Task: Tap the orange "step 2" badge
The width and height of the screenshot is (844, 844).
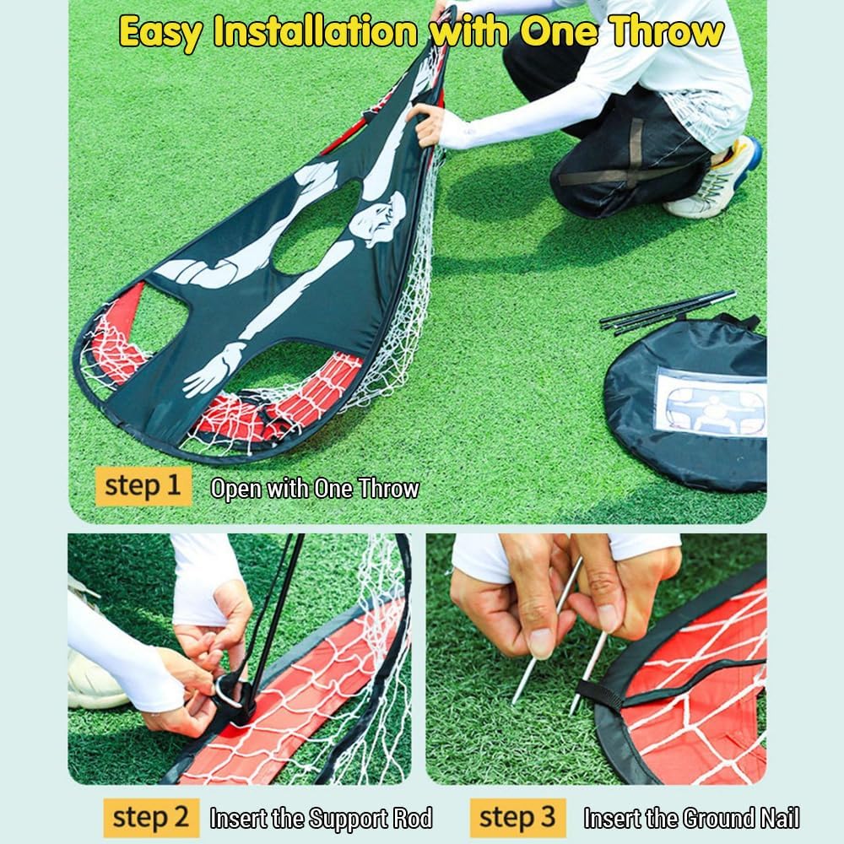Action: pyautogui.click(x=151, y=817)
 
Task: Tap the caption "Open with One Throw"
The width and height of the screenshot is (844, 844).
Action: pyautogui.click(x=315, y=489)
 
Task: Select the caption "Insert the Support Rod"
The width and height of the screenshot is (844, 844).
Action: pyautogui.click(x=321, y=818)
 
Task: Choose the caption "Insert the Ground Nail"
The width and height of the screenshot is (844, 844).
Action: pyautogui.click(x=691, y=818)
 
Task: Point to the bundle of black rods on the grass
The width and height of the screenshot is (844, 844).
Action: pyautogui.click(x=667, y=310)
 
